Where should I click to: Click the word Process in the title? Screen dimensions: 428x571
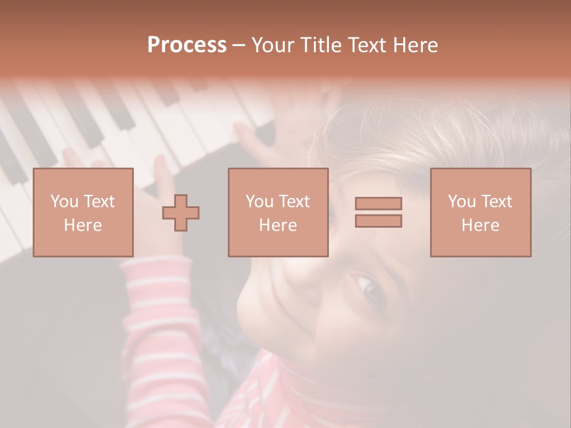pyautogui.click(x=187, y=45)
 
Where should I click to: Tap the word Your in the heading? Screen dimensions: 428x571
pyautogui.click(x=274, y=45)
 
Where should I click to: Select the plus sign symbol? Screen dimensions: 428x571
pyautogui.click(x=181, y=212)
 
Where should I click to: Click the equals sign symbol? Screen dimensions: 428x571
pyautogui.click(x=378, y=212)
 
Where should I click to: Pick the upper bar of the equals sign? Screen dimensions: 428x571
pyautogui.click(x=378, y=203)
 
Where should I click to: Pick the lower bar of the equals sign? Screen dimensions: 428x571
pyautogui.click(x=378, y=221)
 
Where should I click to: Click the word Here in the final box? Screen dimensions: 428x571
pyautogui.click(x=481, y=225)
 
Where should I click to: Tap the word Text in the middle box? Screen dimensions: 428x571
pyautogui.click(x=294, y=202)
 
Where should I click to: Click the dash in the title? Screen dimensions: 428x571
pyautogui.click(x=239, y=45)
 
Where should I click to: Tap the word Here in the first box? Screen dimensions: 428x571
pyautogui.click(x=83, y=225)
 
